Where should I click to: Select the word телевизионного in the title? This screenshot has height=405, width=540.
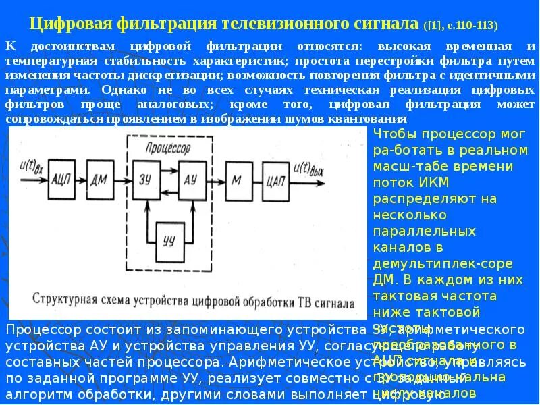click(x=284, y=24)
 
